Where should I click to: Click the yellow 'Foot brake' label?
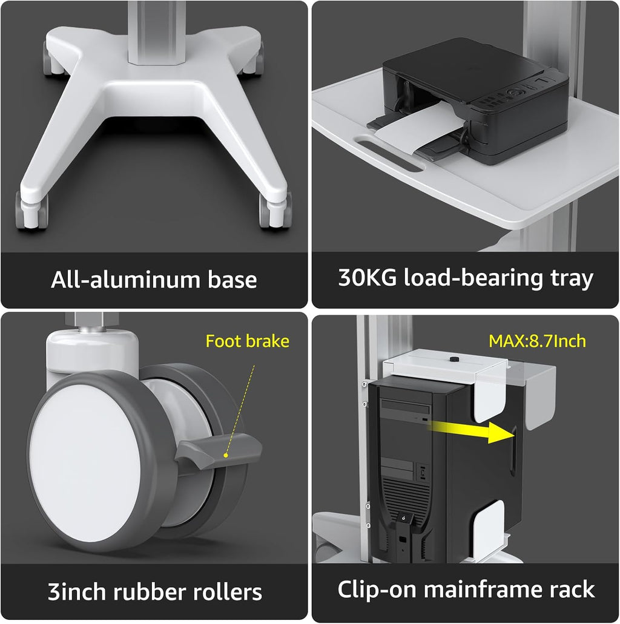(247, 341)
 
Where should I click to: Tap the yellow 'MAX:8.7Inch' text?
(537, 341)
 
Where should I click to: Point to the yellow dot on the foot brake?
(226, 455)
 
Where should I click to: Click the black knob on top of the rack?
(453, 360)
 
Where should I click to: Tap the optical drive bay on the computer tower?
(406, 407)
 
